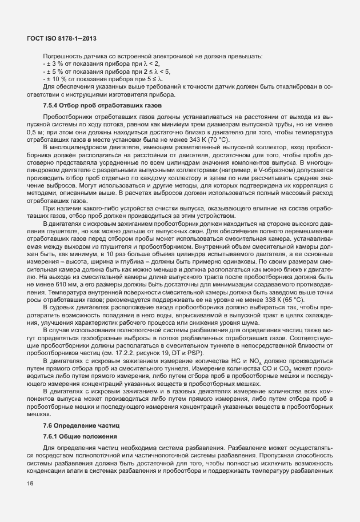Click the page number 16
pyautogui.click(x=30, y=484)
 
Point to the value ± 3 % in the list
pyautogui.click(x=55, y=64)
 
